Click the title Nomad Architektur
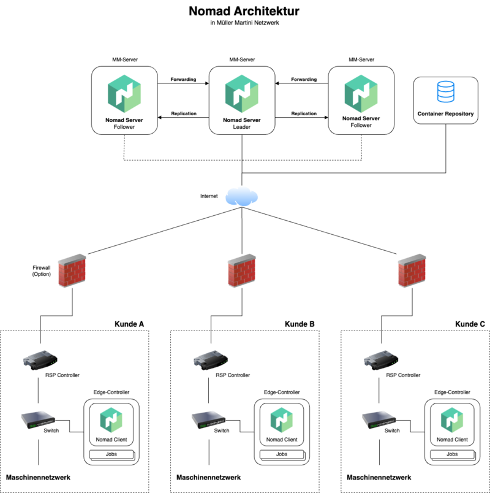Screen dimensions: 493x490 pos(244,12)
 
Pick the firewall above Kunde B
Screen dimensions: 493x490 pos(241,270)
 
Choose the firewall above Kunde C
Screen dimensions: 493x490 pos(411,270)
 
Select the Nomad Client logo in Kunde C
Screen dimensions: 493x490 pos(453,420)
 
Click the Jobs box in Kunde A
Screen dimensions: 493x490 pos(110,454)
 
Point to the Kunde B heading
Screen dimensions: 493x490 pos(300,324)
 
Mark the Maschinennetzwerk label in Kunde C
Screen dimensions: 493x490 pos(379,477)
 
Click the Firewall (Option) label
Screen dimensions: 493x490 pos(41,271)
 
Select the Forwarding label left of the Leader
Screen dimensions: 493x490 pos(183,80)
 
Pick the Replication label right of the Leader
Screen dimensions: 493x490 pos(304,113)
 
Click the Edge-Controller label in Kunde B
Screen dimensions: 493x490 pos(281,392)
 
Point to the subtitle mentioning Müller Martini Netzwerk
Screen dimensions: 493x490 pos(244,24)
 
